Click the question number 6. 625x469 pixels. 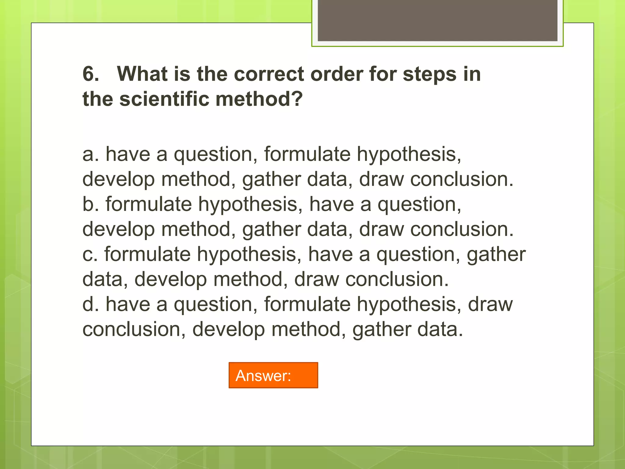point(91,74)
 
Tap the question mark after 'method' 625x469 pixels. point(295,99)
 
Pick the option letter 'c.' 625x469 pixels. point(90,254)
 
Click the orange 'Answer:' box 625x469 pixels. point(273,375)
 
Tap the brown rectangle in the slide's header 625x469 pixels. point(437,20)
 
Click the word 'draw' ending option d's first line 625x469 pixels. point(490,304)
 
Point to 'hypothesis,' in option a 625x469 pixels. point(409,155)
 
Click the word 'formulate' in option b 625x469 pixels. point(149,204)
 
